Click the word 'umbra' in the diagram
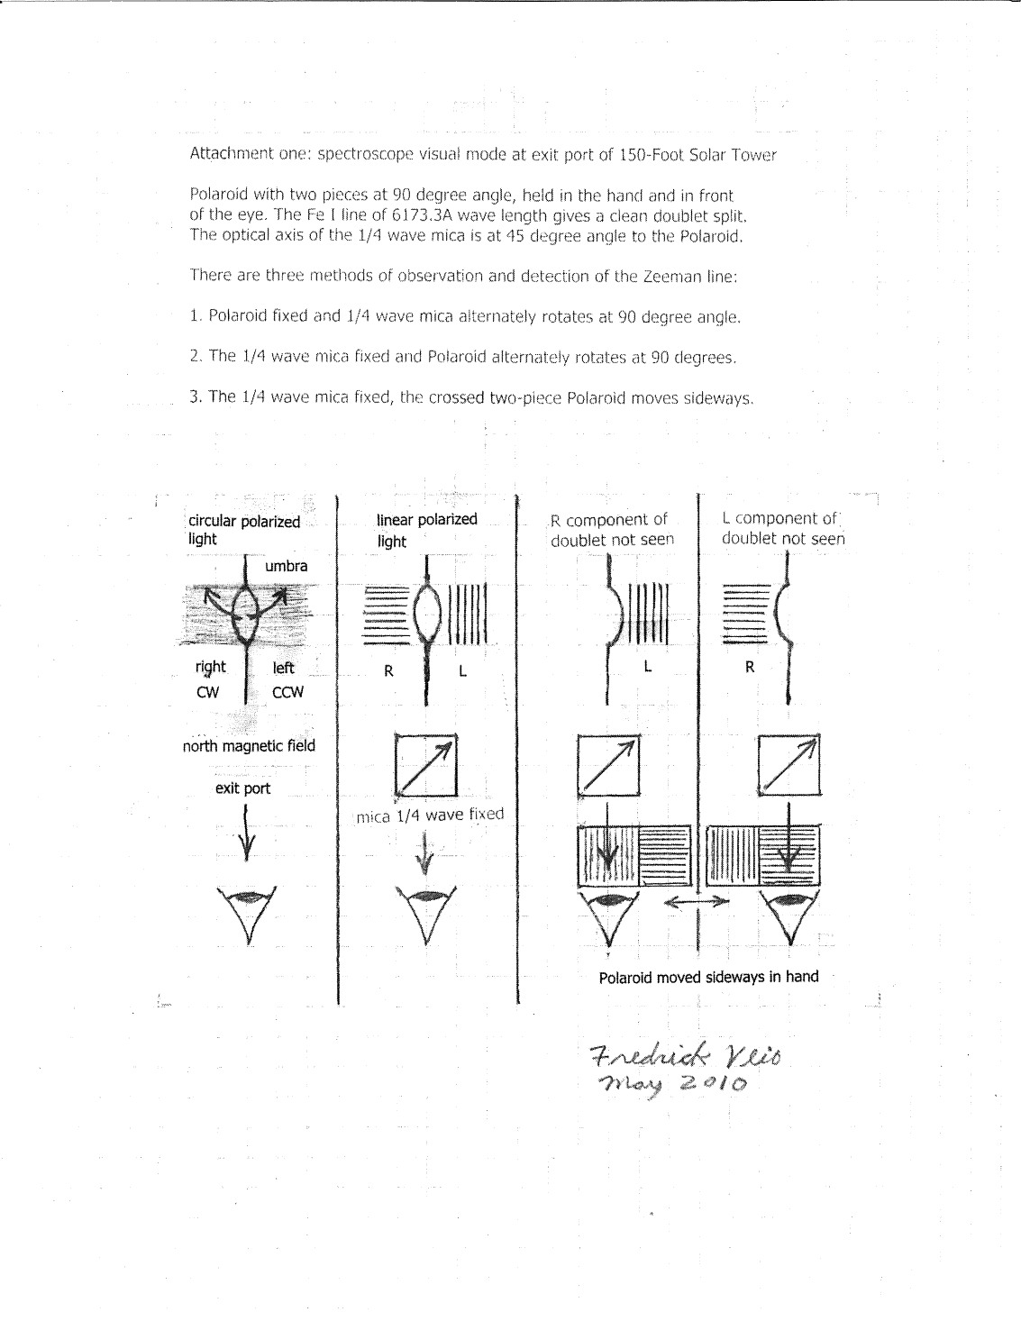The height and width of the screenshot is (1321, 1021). (x=286, y=567)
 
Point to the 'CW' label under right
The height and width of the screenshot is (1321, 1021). (x=209, y=692)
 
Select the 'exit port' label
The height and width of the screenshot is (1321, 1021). (x=242, y=788)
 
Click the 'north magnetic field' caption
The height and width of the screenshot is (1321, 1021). (x=249, y=746)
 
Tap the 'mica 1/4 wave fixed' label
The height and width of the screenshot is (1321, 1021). (x=430, y=815)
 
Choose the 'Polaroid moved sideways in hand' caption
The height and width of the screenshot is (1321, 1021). (x=708, y=977)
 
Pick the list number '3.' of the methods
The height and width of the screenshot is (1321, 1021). (x=196, y=396)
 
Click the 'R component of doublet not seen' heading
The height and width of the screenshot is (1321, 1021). (x=612, y=530)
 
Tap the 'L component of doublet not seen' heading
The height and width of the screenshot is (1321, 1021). (x=783, y=528)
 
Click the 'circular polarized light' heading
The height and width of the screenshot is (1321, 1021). (x=243, y=530)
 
